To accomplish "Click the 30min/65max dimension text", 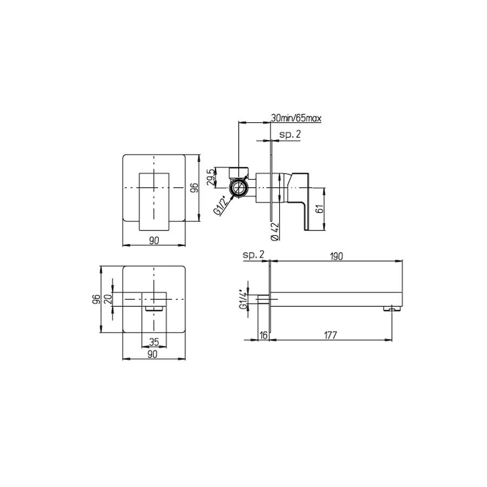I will coord(296,117).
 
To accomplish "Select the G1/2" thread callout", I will coord(220,206).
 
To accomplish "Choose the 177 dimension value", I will coord(330,335).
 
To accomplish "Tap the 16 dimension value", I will coord(264,335).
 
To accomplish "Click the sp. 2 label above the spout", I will coord(253,254).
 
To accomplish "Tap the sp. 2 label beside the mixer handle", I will coord(290,135).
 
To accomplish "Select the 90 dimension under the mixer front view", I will coord(154,241).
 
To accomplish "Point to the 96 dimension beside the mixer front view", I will coord(195,188).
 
